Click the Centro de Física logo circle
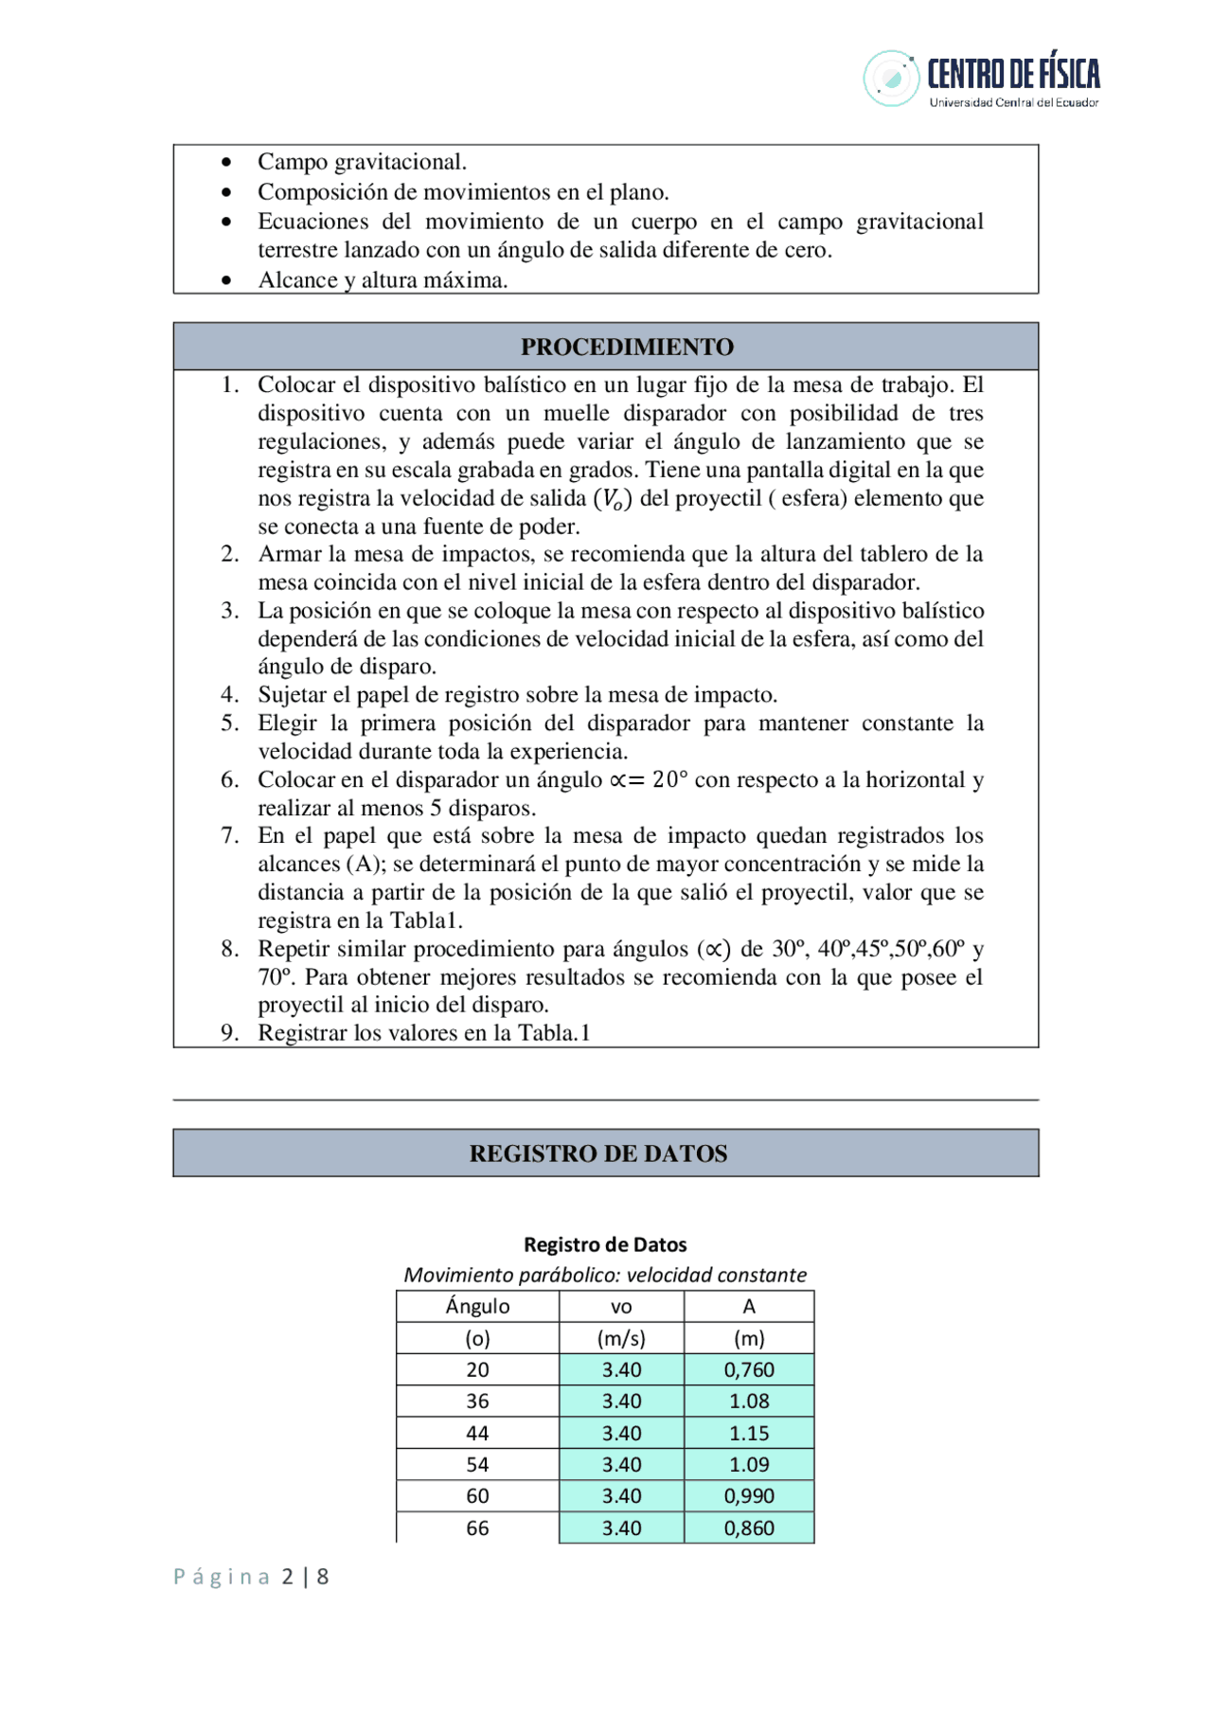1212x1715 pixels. [890, 79]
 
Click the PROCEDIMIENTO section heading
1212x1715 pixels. [627, 347]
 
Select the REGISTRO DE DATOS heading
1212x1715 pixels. [598, 1153]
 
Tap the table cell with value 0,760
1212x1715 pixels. [749, 1369]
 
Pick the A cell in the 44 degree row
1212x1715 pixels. [749, 1433]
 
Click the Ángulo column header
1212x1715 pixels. [477, 1306]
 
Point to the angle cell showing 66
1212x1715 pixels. [477, 1527]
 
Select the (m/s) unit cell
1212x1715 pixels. [621, 1338]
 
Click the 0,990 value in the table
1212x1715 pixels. [749, 1495]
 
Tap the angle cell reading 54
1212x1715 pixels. [477, 1464]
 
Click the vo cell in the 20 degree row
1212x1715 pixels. [621, 1369]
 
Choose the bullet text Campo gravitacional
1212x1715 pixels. [362, 162]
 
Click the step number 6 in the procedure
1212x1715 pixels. [229, 779]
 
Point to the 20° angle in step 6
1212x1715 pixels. [669, 779]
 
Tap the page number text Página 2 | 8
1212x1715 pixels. [251, 1577]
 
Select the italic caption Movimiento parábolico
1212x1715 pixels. [605, 1275]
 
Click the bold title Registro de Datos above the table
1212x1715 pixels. [605, 1244]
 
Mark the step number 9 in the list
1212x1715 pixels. [229, 1033]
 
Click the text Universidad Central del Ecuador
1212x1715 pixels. [1013, 102]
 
